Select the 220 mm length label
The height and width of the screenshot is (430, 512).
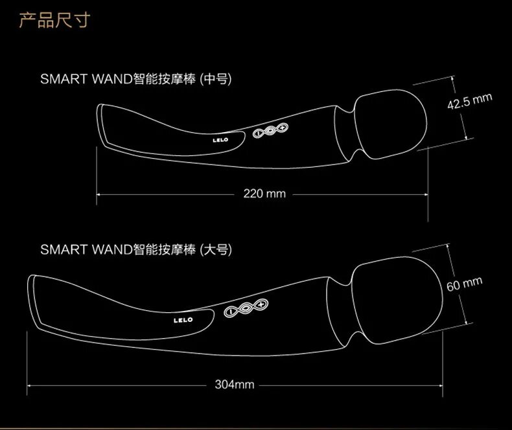tap(264, 193)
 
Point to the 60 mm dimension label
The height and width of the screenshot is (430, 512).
tap(465, 283)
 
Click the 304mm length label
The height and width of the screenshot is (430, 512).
tap(235, 385)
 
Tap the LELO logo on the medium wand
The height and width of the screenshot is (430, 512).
tap(221, 139)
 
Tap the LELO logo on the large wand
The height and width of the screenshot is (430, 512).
tap(184, 319)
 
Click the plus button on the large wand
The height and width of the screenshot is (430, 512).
tap(261, 304)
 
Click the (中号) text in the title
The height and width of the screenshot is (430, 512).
tap(216, 80)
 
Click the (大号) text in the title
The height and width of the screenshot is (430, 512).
tap(216, 249)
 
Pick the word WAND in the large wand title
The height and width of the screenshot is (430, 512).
tap(111, 249)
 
